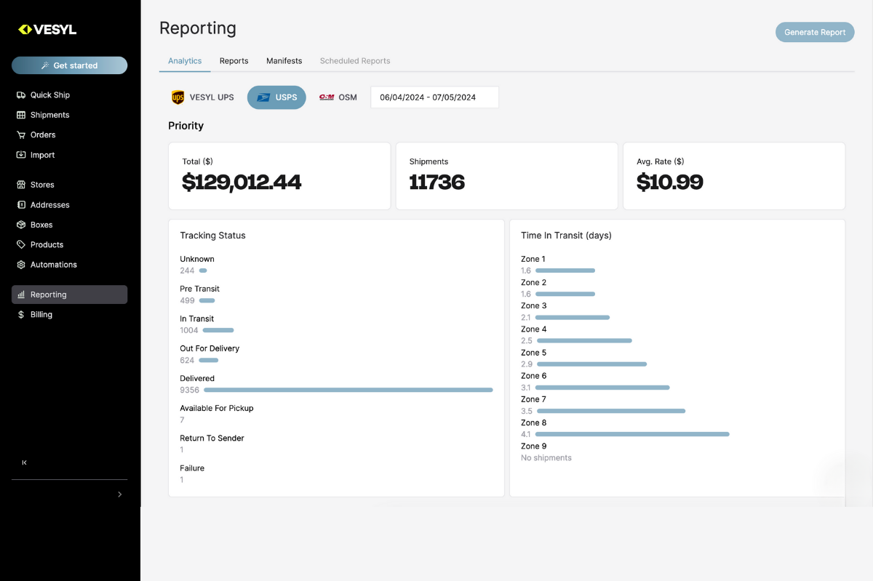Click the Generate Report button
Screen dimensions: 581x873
tap(814, 32)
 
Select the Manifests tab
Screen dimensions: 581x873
tap(284, 61)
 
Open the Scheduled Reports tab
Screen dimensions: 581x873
tap(355, 61)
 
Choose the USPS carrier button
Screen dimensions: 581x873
tap(276, 97)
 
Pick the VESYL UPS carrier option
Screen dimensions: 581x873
tap(202, 97)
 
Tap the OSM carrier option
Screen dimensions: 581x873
tap(338, 97)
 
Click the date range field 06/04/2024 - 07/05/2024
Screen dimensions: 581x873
tap(434, 97)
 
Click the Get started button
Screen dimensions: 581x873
tap(69, 65)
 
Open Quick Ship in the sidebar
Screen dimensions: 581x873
tap(49, 95)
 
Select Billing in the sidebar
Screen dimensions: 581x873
tap(41, 315)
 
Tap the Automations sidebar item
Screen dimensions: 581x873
tap(53, 265)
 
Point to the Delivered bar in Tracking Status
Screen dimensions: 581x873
tap(348, 390)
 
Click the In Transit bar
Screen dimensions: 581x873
tap(218, 330)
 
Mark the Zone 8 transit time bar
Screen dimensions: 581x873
tap(631, 434)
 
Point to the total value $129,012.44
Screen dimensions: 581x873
tap(242, 182)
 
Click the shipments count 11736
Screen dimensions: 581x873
tap(436, 182)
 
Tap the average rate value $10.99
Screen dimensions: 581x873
tap(669, 182)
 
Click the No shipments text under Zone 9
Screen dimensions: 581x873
tap(546, 458)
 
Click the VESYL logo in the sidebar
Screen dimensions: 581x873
tap(47, 30)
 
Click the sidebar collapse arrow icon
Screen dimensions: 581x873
tap(24, 462)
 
